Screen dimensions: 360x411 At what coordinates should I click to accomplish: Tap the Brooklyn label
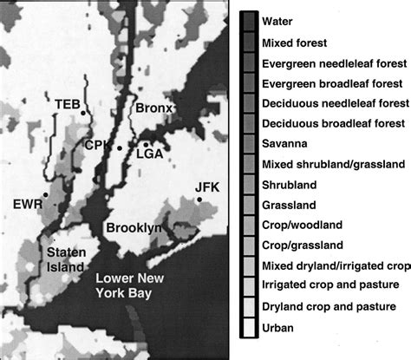(x=134, y=228)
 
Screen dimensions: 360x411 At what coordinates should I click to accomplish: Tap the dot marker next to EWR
(x=55, y=206)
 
